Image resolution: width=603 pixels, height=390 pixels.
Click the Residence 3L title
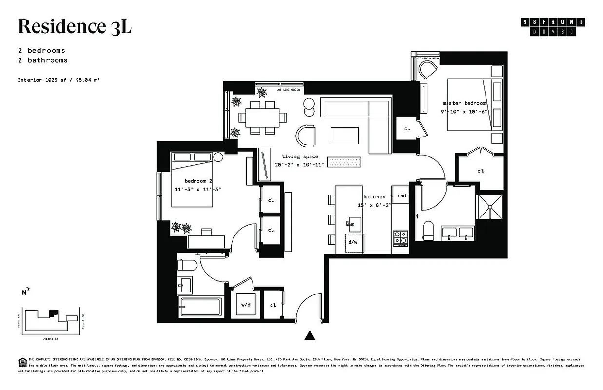tap(75, 27)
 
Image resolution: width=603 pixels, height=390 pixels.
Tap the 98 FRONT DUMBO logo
tap(553, 26)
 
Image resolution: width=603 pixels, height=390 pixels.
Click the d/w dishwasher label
tap(352, 242)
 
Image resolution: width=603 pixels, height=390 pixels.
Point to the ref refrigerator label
tap(402, 195)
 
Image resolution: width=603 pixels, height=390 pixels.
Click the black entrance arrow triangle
tap(309, 335)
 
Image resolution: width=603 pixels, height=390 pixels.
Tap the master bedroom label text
tap(464, 103)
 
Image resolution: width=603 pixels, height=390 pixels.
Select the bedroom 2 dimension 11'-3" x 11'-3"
tap(198, 189)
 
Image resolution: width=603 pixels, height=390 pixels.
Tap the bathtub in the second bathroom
tap(200, 307)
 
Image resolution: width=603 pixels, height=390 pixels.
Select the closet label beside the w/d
tap(273, 305)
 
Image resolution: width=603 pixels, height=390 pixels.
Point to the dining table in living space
tap(262, 117)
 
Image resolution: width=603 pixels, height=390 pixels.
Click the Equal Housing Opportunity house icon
tap(22, 362)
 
